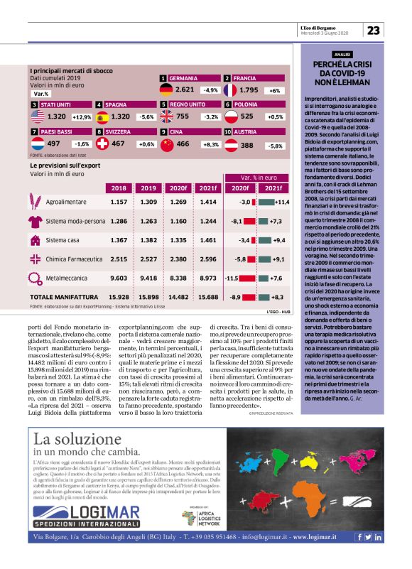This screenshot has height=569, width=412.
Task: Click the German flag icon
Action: pos(166,90)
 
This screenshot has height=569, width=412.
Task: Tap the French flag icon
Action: pos(230,90)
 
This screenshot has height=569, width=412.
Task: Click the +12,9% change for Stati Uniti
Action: pos(82,116)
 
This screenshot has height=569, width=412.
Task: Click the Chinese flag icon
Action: pos(166,143)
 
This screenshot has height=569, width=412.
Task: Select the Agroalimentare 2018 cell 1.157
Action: pos(119,202)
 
